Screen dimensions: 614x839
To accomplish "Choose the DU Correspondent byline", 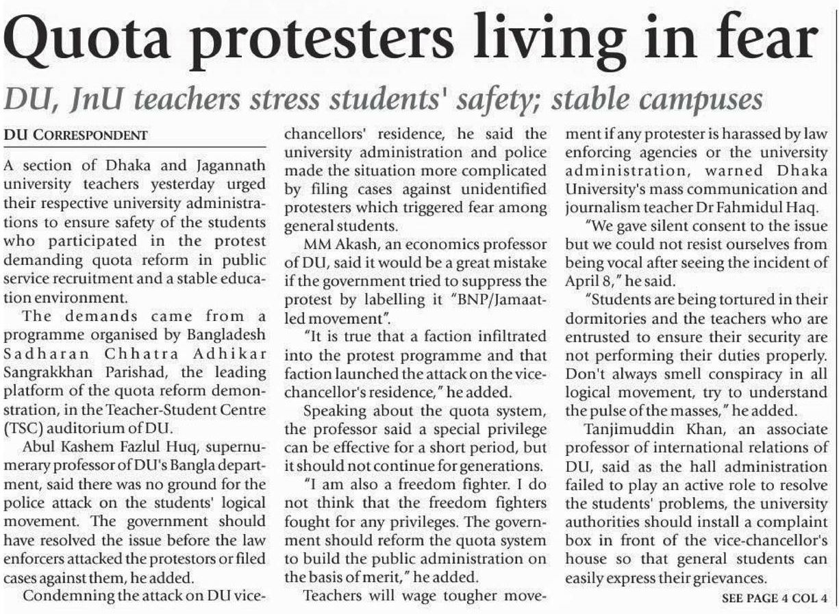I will point(75,136).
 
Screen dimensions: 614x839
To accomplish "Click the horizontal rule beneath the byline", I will point(134,146).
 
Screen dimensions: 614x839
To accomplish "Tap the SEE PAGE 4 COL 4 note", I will point(775,598).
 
